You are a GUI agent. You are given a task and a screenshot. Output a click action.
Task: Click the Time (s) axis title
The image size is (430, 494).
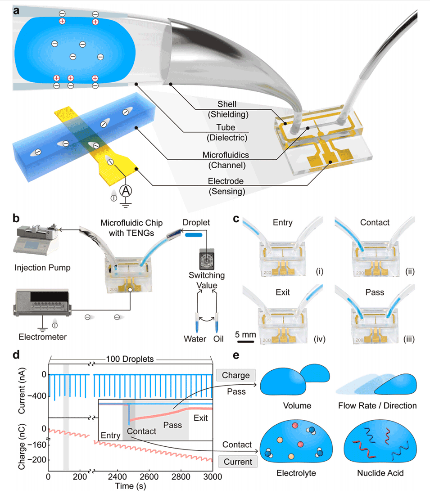tap(130, 485)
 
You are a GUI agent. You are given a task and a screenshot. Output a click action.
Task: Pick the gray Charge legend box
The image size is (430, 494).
tap(236, 375)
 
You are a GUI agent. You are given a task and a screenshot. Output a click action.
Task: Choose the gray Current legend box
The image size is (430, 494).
tap(236, 461)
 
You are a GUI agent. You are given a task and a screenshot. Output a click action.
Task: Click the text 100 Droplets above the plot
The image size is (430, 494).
tap(131, 359)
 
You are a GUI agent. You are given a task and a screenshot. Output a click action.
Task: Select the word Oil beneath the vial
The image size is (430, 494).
tap(218, 339)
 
